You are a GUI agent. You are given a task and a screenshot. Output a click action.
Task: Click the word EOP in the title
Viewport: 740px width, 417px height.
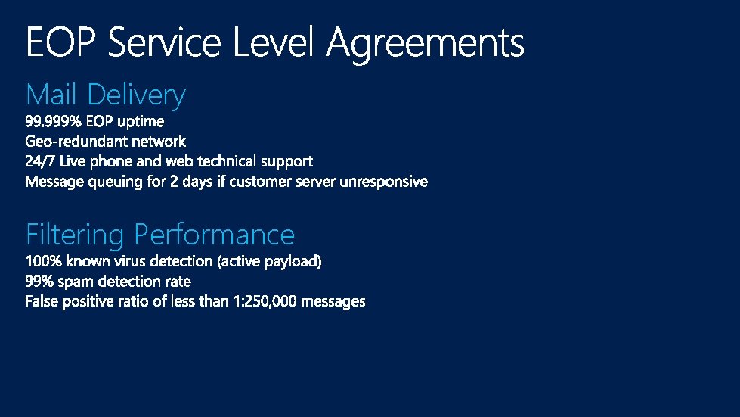pyautogui.click(x=62, y=42)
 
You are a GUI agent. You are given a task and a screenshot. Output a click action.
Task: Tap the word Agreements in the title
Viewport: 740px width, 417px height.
pyautogui.click(x=426, y=44)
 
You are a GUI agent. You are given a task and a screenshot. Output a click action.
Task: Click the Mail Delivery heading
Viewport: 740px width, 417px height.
pyautogui.click(x=105, y=95)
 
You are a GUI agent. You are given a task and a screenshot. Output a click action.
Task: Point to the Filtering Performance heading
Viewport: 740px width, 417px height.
pyautogui.click(x=159, y=235)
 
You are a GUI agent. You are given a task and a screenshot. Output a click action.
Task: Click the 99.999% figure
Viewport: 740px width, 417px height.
pyautogui.click(x=54, y=121)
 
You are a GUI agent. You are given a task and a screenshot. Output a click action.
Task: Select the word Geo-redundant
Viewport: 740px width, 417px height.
pyautogui.click(x=77, y=142)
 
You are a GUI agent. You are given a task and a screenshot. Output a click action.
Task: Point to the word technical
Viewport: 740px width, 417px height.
pyautogui.click(x=228, y=161)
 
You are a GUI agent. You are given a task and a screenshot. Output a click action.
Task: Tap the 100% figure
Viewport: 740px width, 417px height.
pyautogui.click(x=44, y=262)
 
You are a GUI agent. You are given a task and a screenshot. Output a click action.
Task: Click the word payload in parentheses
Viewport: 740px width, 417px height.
pyautogui.click(x=297, y=262)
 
